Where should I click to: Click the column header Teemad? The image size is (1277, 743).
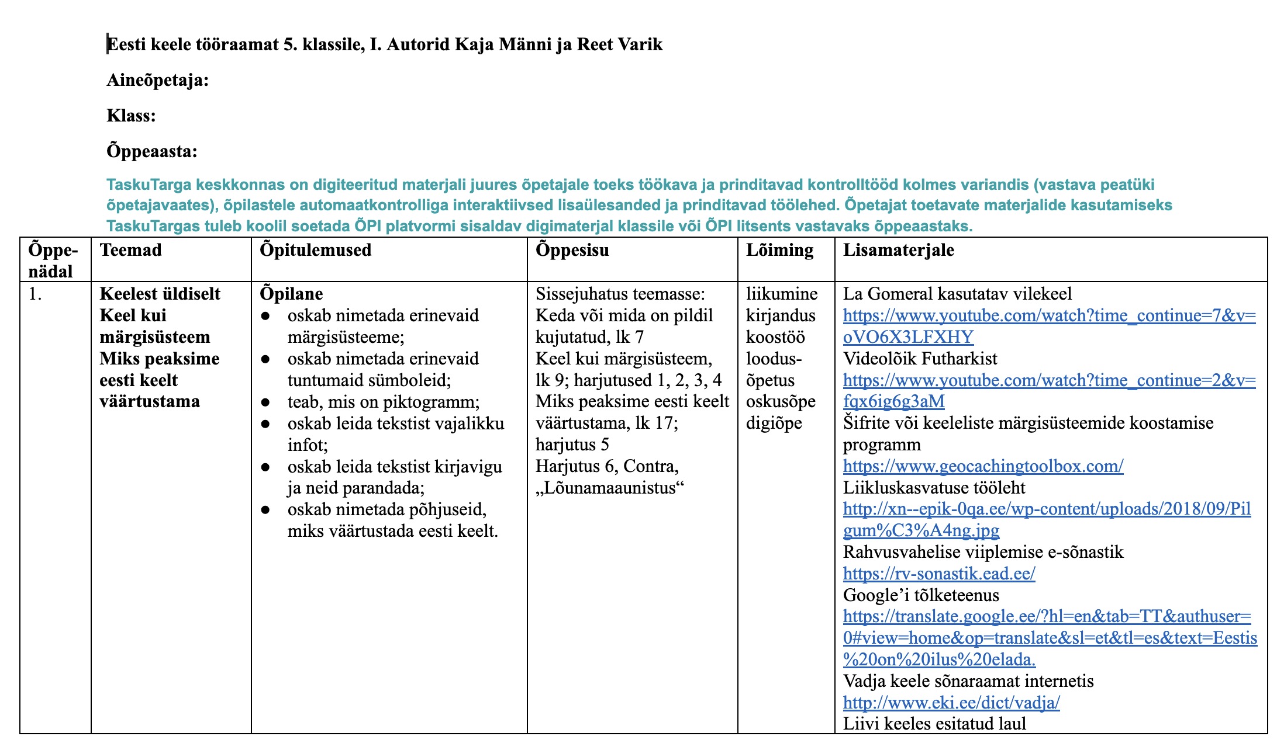[x=130, y=250]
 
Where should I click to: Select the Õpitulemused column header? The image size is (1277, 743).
[x=316, y=250]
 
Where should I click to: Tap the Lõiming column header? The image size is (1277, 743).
[x=779, y=250]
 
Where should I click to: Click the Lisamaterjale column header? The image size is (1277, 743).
[x=898, y=250]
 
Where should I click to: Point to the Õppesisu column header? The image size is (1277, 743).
[x=572, y=250]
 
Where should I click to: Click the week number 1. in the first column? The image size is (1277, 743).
[x=35, y=294]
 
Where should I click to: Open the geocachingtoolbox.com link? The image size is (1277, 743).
[x=983, y=466]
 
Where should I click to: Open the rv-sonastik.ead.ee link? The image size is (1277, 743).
[x=938, y=574]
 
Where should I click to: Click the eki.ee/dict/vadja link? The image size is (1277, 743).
[x=951, y=703]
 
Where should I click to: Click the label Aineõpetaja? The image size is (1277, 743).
[x=157, y=80]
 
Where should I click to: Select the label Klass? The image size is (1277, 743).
[x=131, y=116]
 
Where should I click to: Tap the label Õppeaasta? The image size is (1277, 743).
[x=151, y=152]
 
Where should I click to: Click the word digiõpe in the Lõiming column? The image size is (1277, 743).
[x=774, y=423]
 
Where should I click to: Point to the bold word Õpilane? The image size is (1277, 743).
[x=291, y=294]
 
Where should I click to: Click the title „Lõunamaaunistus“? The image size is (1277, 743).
[x=610, y=488]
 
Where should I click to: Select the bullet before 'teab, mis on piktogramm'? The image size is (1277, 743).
[x=265, y=402]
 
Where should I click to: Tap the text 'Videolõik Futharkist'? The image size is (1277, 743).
[x=920, y=359]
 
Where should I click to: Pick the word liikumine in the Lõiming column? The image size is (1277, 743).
[x=782, y=294]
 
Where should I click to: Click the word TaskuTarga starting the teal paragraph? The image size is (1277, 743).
[x=149, y=185]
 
